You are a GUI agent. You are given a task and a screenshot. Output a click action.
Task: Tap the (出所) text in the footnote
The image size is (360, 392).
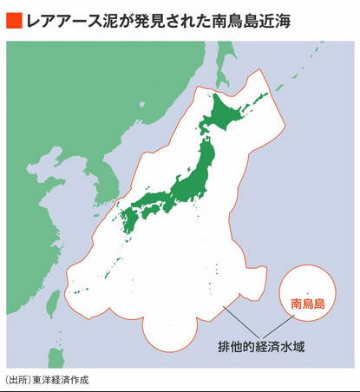17,380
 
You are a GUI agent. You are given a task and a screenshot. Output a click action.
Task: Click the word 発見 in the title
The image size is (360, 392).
137,17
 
